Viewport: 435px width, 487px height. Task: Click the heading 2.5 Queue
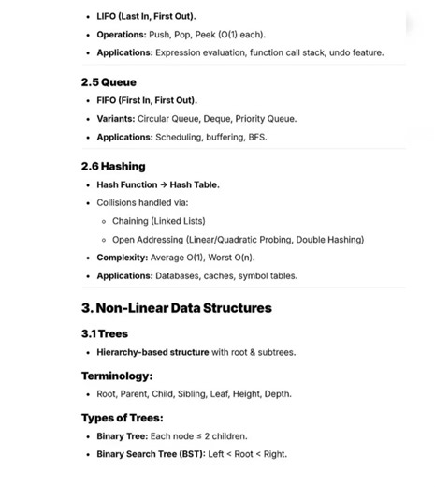109,82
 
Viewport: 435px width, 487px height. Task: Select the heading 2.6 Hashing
113,167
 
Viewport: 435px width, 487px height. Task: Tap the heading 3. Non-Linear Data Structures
177,307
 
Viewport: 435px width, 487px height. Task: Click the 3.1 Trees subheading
105,333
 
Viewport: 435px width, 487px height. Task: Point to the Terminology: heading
117,376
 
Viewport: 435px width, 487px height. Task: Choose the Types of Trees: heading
123,418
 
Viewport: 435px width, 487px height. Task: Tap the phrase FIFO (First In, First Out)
147,100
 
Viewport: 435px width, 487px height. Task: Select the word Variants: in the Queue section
116,119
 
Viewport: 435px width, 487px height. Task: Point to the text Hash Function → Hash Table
158,184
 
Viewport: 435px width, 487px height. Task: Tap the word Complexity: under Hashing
123,258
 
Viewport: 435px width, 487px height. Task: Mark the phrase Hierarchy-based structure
153,352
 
